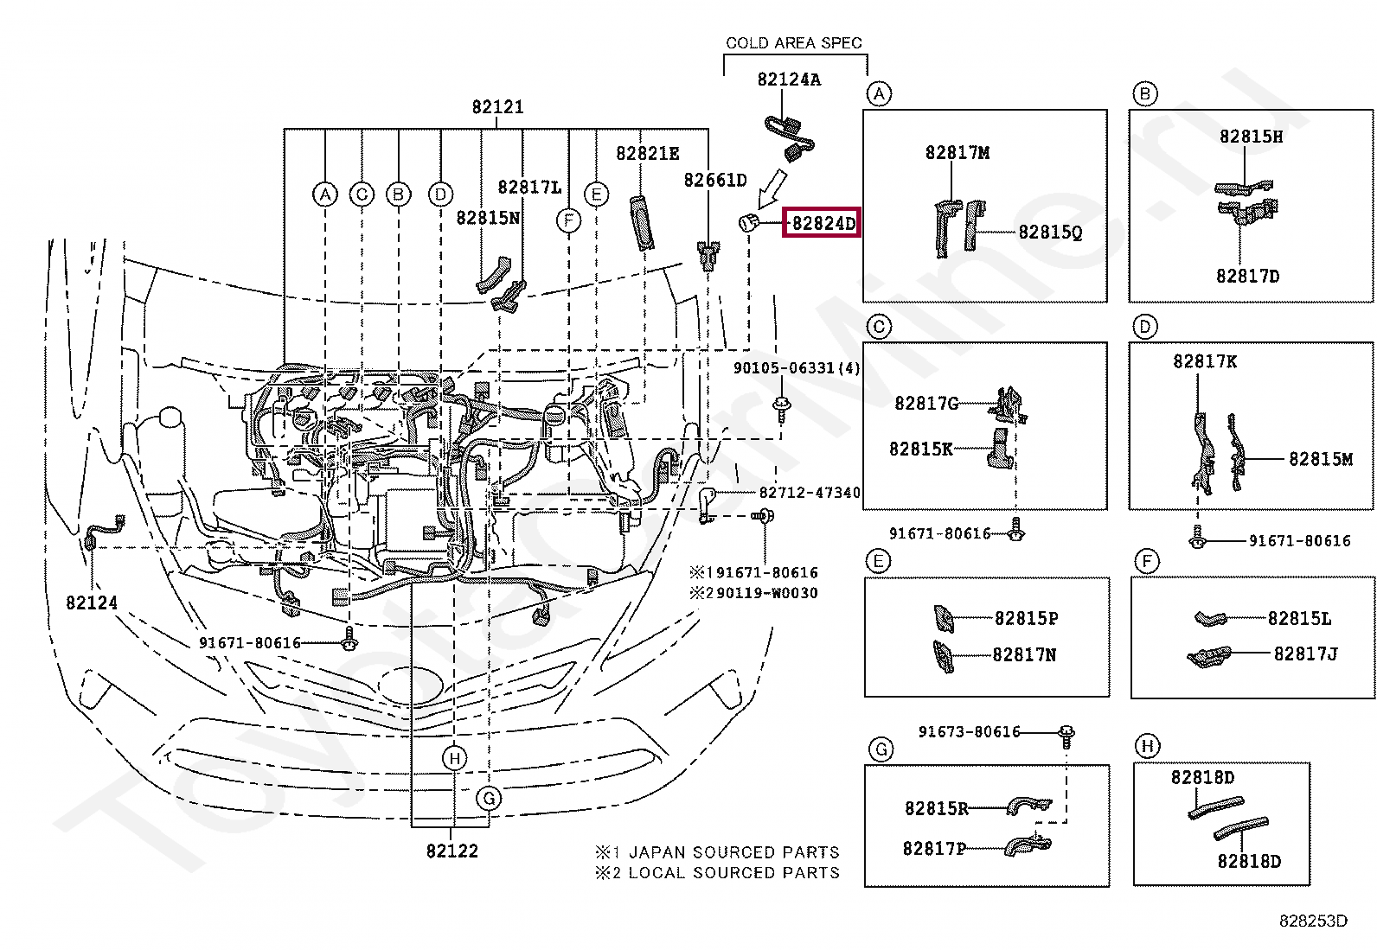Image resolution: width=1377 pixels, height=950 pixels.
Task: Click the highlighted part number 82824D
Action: [x=823, y=224]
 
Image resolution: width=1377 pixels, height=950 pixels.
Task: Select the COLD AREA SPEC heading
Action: [x=793, y=42]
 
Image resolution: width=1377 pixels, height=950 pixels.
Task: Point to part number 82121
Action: [x=497, y=107]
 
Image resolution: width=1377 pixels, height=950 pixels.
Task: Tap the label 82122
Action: [x=452, y=851]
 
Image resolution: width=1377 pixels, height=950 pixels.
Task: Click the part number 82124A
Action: [x=789, y=80]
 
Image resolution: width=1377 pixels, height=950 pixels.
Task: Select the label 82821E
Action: [x=647, y=153]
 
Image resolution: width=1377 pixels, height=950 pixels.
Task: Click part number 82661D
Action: [x=714, y=180]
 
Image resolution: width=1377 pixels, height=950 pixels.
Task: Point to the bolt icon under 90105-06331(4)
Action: [x=782, y=406]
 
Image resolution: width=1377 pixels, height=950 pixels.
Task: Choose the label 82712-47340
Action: [x=810, y=493]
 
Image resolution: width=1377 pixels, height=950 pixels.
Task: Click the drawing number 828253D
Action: [x=1314, y=921]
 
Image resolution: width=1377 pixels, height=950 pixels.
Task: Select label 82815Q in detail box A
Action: [x=1050, y=232]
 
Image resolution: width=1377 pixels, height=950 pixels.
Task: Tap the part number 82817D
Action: [x=1247, y=277]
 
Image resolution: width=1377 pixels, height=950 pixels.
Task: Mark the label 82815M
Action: [x=1320, y=459]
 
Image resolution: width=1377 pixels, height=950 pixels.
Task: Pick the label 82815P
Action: [x=1026, y=618]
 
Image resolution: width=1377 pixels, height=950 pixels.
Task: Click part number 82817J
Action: [x=1305, y=654]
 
